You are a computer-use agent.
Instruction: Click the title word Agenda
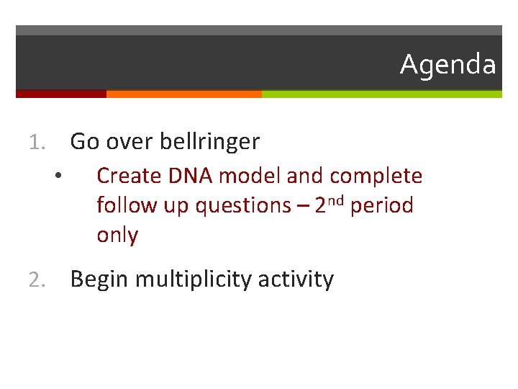click(x=447, y=65)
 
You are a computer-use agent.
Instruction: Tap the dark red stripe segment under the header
click(x=60, y=94)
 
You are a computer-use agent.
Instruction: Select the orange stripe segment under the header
click(x=183, y=94)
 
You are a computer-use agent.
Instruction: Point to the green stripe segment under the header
click(x=381, y=94)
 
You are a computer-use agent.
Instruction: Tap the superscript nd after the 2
click(x=337, y=200)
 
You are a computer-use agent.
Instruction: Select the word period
click(x=382, y=206)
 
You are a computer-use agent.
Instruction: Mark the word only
click(x=117, y=236)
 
